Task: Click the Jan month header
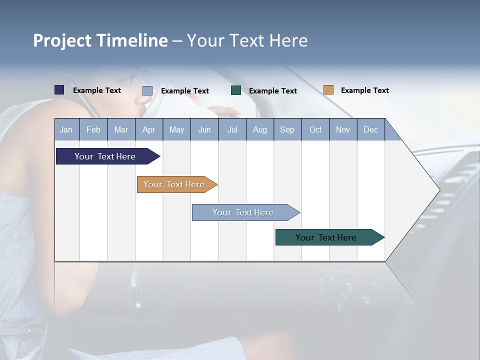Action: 66,129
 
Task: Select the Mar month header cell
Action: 121,129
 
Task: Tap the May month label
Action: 176,129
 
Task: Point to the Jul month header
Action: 232,129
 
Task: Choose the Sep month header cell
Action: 287,129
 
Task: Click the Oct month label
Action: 315,129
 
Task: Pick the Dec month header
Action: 370,129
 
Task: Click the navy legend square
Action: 59,90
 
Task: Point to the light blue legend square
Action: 147,90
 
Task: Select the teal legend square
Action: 236,90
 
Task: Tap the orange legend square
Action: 328,90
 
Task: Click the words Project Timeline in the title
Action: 100,40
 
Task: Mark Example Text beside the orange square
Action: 364,90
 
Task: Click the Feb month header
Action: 93,129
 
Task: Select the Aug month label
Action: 259,129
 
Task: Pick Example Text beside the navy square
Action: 96,90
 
